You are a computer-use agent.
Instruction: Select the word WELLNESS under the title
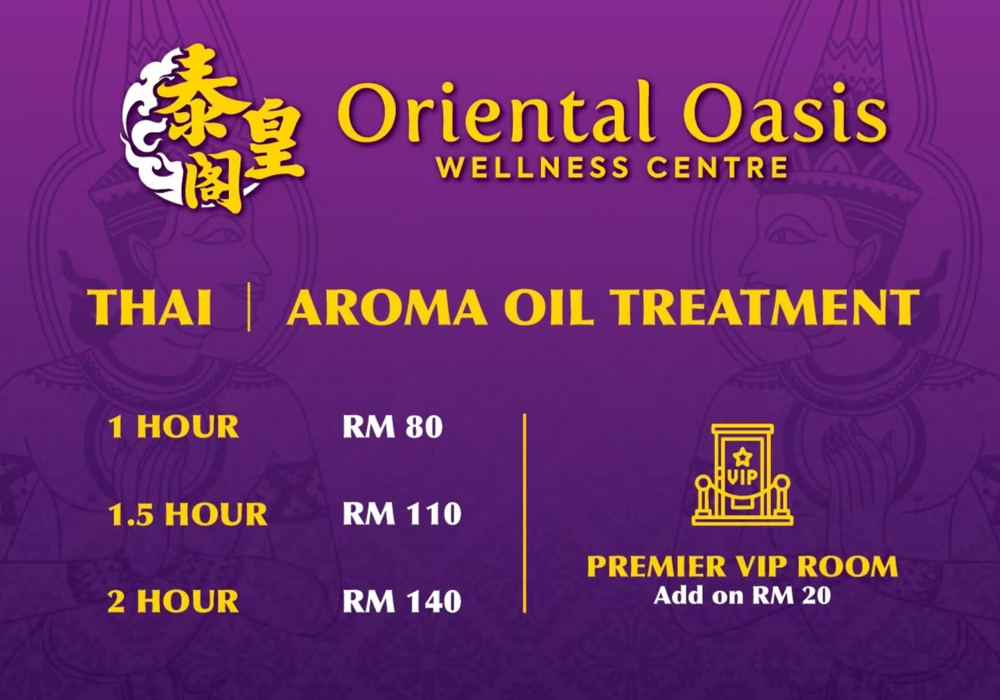(533, 167)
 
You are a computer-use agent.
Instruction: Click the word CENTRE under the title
(717, 167)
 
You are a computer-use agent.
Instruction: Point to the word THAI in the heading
(151, 307)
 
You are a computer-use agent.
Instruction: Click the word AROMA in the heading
(387, 307)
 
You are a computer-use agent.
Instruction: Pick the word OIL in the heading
(549, 307)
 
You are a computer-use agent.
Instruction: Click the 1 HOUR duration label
(173, 427)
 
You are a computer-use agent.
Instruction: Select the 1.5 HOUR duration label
(188, 514)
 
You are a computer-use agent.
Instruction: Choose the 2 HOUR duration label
(173, 601)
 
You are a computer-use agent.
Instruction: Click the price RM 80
(392, 427)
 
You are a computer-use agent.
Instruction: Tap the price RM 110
(402, 514)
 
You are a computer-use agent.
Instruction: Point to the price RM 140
(402, 601)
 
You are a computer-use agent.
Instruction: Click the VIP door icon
(742, 475)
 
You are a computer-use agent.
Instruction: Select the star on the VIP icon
(742, 457)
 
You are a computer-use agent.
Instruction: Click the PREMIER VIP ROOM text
(742, 566)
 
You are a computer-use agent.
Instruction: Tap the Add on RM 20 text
(742, 595)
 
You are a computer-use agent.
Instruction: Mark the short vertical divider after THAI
(249, 309)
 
